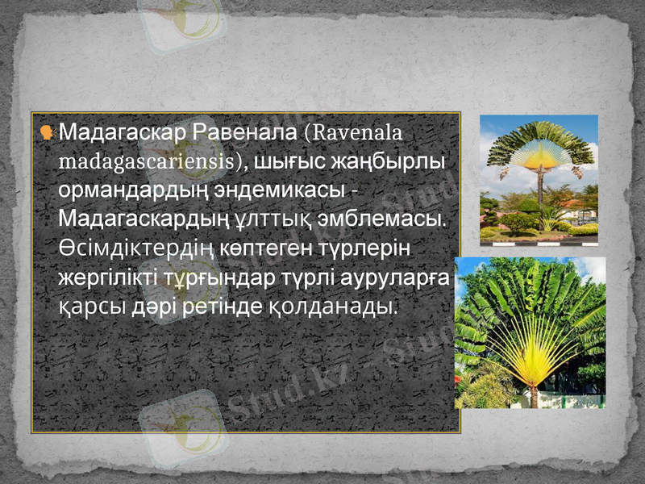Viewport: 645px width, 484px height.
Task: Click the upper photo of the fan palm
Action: (x=539, y=178)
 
